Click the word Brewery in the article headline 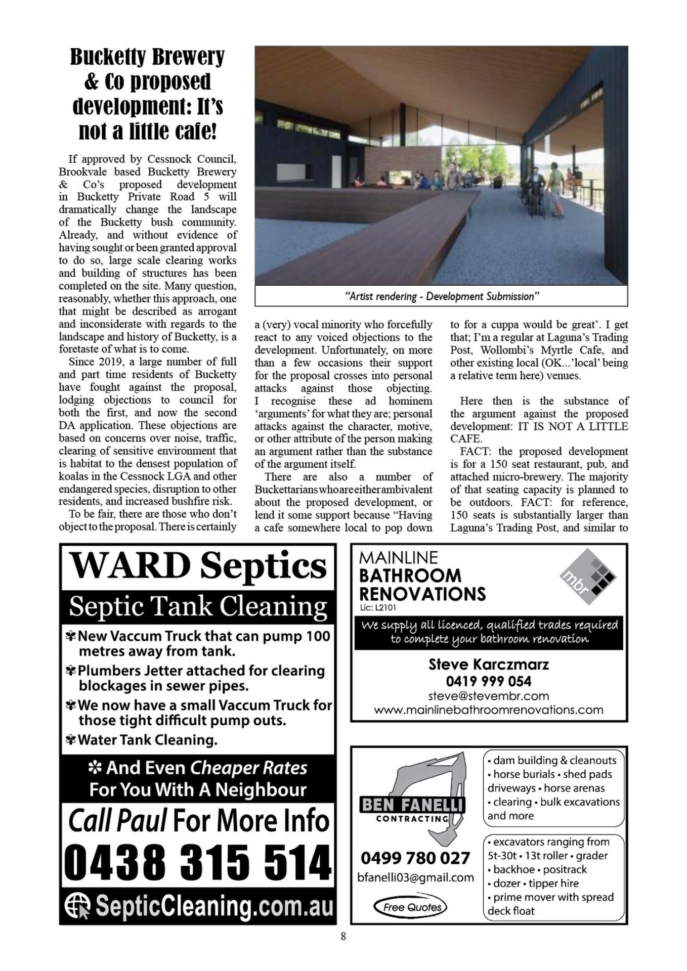point(188,57)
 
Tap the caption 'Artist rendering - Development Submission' point(441,296)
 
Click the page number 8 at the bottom point(343,937)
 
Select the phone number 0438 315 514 point(198,863)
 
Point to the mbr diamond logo point(588,577)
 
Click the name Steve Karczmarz point(488,664)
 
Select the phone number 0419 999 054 point(488,681)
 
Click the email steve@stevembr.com point(488,696)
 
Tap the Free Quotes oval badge point(410,907)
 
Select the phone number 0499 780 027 point(415,858)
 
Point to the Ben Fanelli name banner point(412,805)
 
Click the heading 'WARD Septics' point(198,565)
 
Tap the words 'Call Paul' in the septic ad point(117,820)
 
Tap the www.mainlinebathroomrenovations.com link point(488,710)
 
